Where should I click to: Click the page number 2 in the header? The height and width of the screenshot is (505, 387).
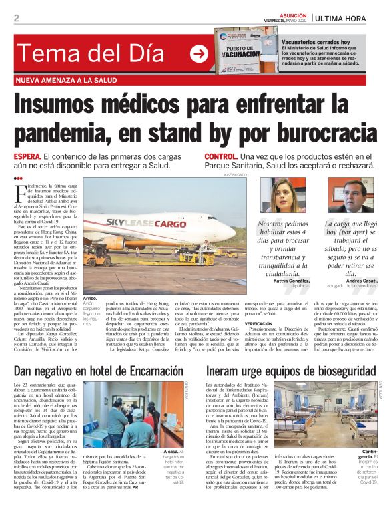(16, 18)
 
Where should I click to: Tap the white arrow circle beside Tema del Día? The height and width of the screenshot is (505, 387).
(199, 55)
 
